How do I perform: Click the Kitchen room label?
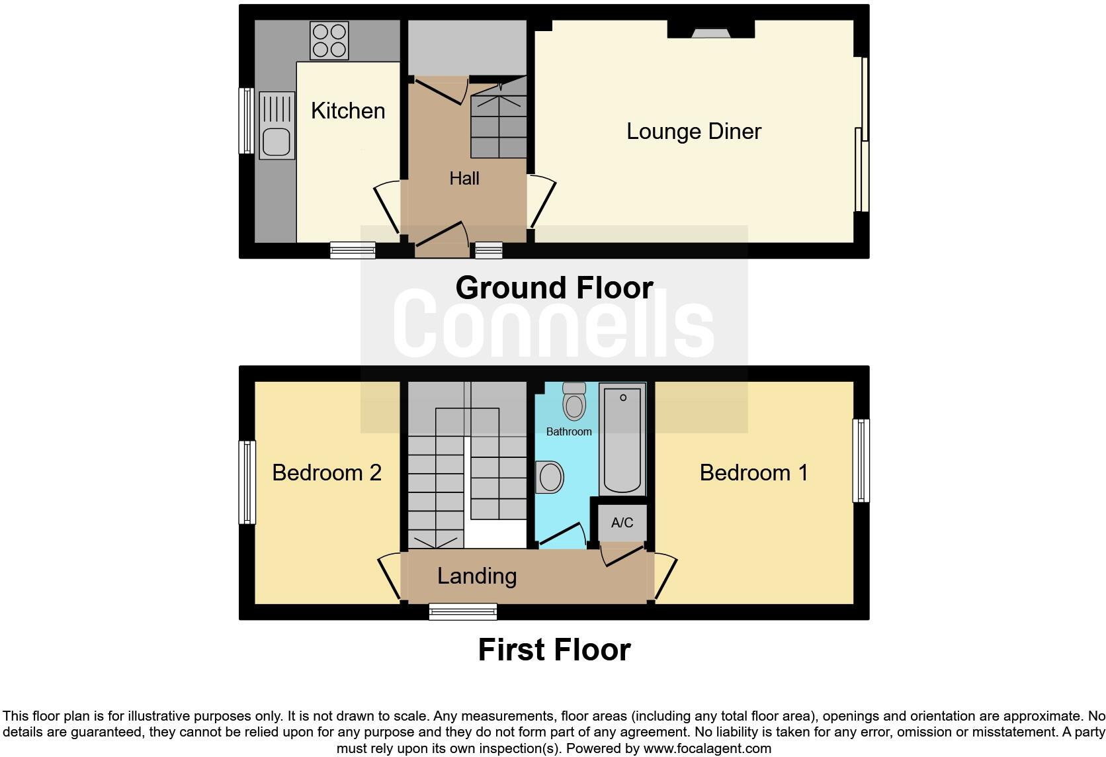[x=348, y=111]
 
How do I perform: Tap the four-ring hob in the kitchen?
[x=329, y=40]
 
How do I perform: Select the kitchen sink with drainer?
[x=276, y=126]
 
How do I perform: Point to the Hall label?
[x=464, y=178]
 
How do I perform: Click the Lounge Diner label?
[x=693, y=131]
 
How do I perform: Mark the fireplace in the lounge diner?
[x=710, y=30]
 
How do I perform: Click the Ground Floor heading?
[x=554, y=288]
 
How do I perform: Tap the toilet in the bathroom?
[x=574, y=400]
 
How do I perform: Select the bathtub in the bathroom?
[x=622, y=440]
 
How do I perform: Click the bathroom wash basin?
[x=549, y=477]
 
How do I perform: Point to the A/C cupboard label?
[x=622, y=523]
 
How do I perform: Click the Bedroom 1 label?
[x=753, y=472]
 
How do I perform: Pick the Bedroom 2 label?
[x=327, y=472]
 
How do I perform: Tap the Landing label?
[x=477, y=576]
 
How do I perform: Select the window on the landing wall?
[x=462, y=611]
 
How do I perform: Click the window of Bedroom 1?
[x=861, y=461]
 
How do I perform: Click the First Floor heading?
[x=554, y=650]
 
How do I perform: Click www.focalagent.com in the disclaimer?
[x=707, y=748]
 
